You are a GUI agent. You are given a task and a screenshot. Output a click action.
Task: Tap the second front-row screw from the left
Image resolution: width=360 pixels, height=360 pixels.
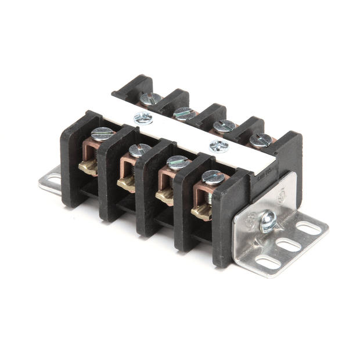[x=140, y=150]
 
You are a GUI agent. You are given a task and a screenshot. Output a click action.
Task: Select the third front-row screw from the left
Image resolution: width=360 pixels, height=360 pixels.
[x=177, y=163]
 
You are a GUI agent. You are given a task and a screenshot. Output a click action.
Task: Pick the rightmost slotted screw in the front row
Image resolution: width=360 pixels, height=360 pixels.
[x=213, y=177]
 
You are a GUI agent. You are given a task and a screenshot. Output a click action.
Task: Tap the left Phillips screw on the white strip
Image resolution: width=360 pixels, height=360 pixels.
[x=143, y=118]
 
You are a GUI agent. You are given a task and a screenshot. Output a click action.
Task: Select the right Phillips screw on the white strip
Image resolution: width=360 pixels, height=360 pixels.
[x=219, y=146]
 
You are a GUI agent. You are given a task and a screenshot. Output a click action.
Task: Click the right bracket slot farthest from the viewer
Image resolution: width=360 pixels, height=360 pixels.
[x=308, y=228]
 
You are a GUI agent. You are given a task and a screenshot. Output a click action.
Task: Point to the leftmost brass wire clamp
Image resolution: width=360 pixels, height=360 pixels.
[x=88, y=168]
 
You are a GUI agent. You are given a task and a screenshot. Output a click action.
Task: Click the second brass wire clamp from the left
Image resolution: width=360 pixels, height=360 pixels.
[x=126, y=185]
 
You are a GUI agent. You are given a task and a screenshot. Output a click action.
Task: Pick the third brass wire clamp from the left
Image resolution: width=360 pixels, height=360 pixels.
[x=164, y=199]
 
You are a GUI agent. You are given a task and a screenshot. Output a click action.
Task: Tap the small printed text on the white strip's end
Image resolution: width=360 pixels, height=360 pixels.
[x=262, y=173]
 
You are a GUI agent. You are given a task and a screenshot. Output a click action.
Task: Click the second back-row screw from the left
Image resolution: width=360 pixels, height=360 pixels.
[x=185, y=113]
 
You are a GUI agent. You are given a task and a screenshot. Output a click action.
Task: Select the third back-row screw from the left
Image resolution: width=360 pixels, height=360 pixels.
[x=224, y=125]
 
